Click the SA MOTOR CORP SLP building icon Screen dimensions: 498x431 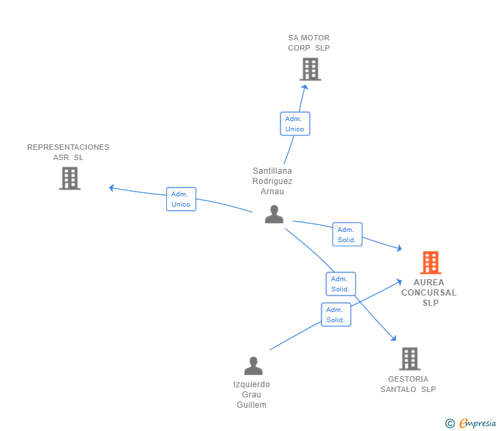(311, 69)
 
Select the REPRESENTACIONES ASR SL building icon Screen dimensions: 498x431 (70, 179)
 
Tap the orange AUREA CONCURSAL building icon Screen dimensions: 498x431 (431, 263)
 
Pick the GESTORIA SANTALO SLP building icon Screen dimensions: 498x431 (410, 359)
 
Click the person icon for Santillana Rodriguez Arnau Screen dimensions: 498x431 (274, 214)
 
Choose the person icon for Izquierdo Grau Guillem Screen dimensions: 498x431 (253, 365)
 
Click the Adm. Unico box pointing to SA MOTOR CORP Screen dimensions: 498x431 (295, 124)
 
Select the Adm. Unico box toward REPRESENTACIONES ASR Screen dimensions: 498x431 (181, 199)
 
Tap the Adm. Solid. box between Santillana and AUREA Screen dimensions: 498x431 (347, 235)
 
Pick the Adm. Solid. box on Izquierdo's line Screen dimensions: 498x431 (336, 315)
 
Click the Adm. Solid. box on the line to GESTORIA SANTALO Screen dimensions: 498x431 (341, 284)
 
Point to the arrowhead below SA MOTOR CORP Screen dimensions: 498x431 (305, 87)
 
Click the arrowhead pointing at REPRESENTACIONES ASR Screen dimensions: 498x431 (112, 187)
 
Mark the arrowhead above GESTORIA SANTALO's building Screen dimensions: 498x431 (394, 338)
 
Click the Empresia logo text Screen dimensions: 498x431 (477, 423)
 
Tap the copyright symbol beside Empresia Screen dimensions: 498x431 (450, 423)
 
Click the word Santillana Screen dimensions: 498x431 (272, 171)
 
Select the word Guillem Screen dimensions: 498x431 (252, 405)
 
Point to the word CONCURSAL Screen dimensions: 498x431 (429, 293)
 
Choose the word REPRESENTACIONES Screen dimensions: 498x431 (68, 147)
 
